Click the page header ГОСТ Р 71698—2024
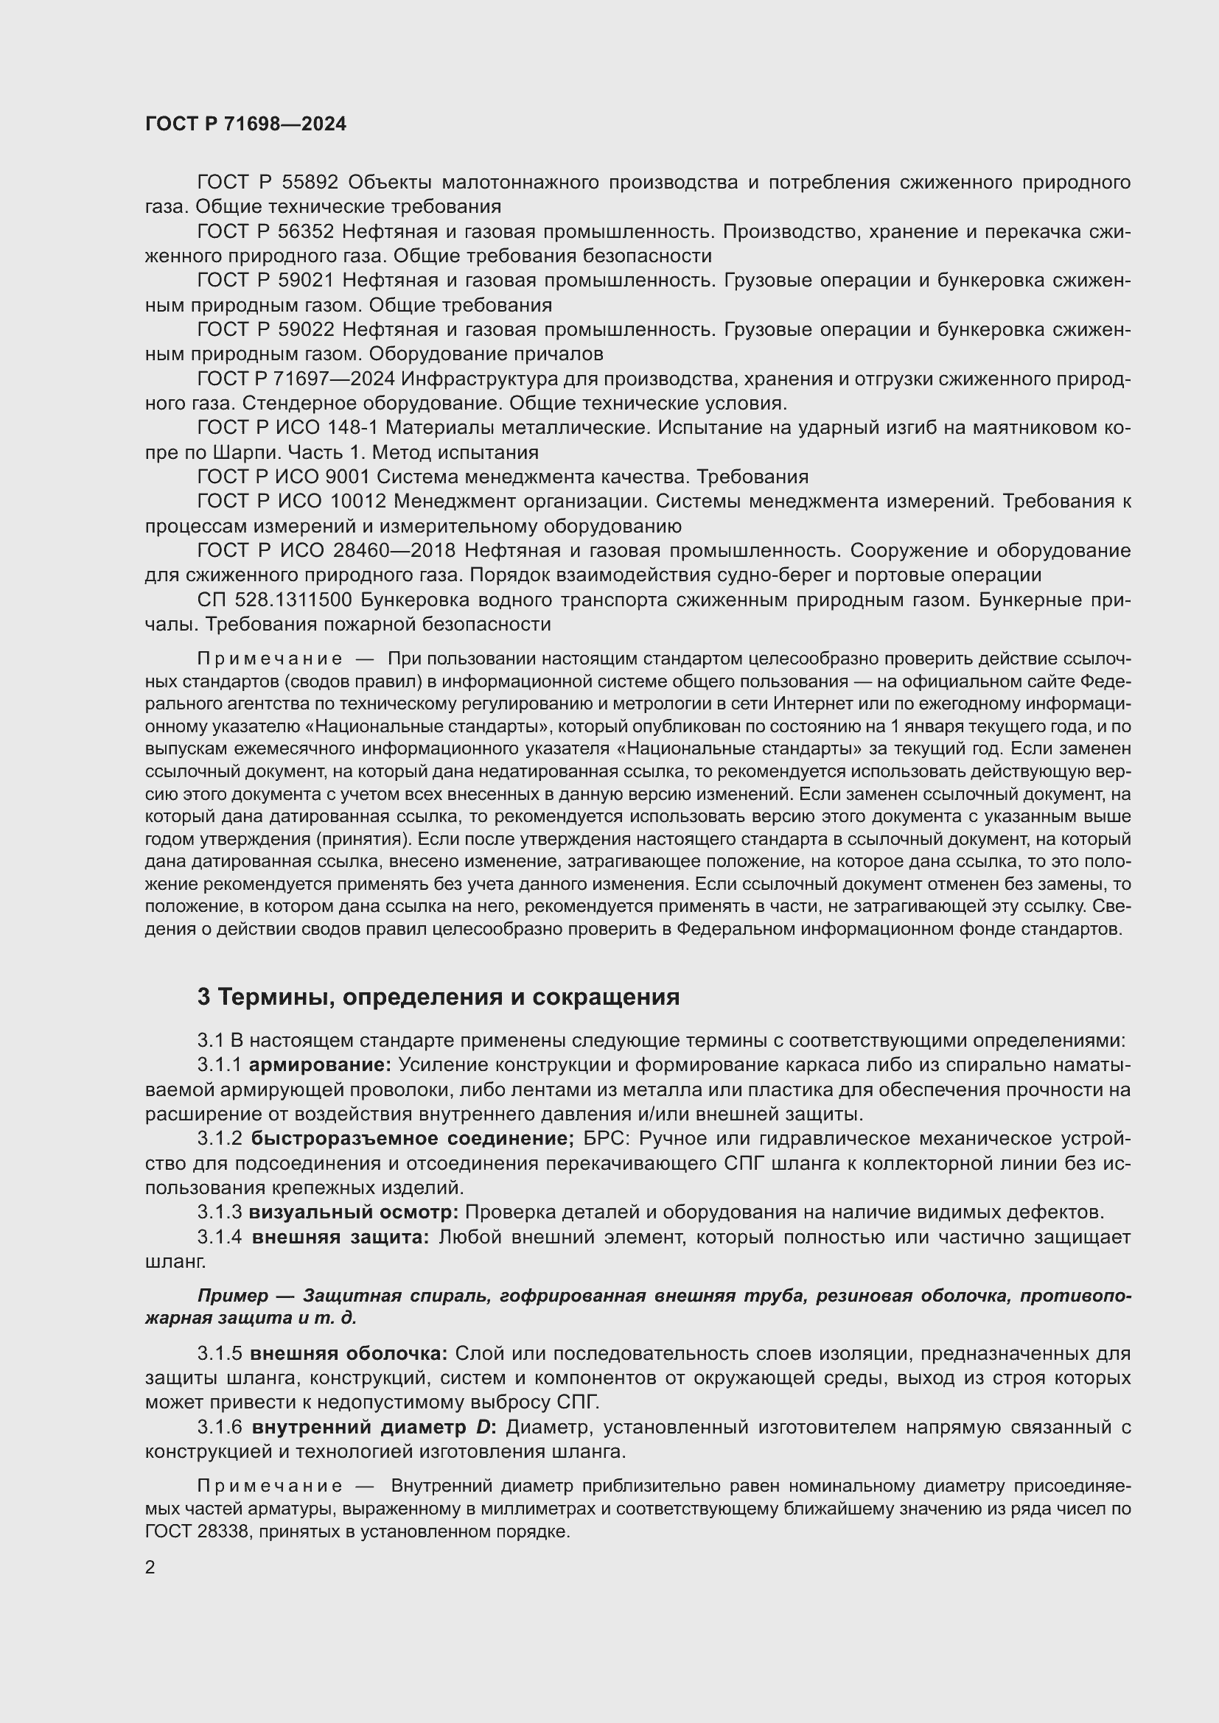pos(245,124)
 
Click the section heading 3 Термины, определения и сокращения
pos(439,997)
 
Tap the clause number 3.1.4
pos(219,1237)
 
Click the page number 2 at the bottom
pos(150,1568)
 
